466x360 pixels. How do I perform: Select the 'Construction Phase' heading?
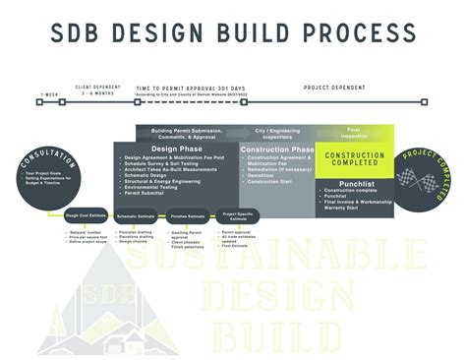[276, 150]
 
